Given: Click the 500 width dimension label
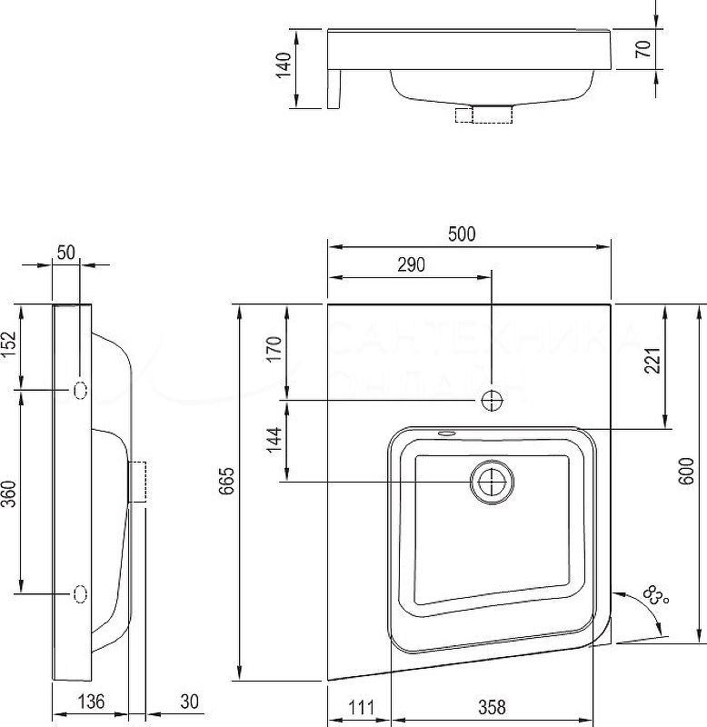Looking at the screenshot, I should [x=462, y=234].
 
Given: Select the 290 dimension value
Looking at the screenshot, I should [x=411, y=264].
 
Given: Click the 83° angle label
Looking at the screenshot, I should [x=655, y=597].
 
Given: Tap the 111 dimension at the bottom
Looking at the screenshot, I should [x=361, y=706].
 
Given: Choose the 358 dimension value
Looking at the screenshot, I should [x=492, y=706].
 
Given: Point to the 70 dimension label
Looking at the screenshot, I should [x=644, y=50].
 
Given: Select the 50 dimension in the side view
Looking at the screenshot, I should [x=65, y=253].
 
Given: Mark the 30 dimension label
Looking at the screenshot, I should [x=189, y=702].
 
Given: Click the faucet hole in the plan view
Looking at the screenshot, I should [x=492, y=400].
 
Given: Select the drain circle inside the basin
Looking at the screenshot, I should [x=492, y=482].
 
